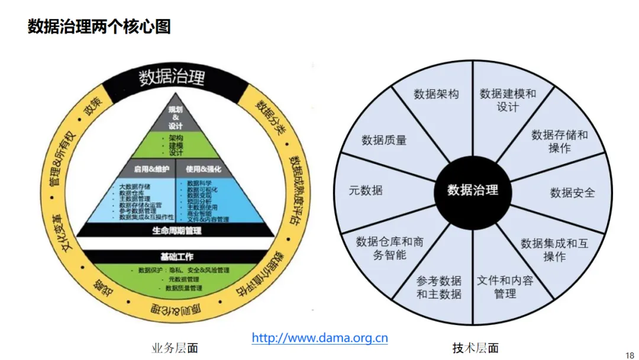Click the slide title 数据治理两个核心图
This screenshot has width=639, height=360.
99,27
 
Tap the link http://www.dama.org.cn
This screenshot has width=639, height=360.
319,338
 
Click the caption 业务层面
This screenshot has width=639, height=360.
175,348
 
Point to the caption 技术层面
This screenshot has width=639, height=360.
475,348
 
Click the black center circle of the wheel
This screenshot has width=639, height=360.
473,189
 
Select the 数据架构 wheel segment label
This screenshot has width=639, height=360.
436,94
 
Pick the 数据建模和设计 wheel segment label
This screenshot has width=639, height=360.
508,100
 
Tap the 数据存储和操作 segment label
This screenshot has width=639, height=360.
559,141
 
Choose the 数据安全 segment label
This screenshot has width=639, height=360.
572,193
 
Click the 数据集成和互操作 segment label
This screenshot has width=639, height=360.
554,250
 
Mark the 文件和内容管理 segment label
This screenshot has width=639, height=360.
505,287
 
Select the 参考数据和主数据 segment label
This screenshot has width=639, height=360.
438,287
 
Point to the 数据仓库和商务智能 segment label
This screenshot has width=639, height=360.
389,248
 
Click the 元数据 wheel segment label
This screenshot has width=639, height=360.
366,190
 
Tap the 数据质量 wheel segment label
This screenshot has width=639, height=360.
384,140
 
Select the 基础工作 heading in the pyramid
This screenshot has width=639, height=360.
177,257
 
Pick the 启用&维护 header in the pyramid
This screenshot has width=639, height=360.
151,169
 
